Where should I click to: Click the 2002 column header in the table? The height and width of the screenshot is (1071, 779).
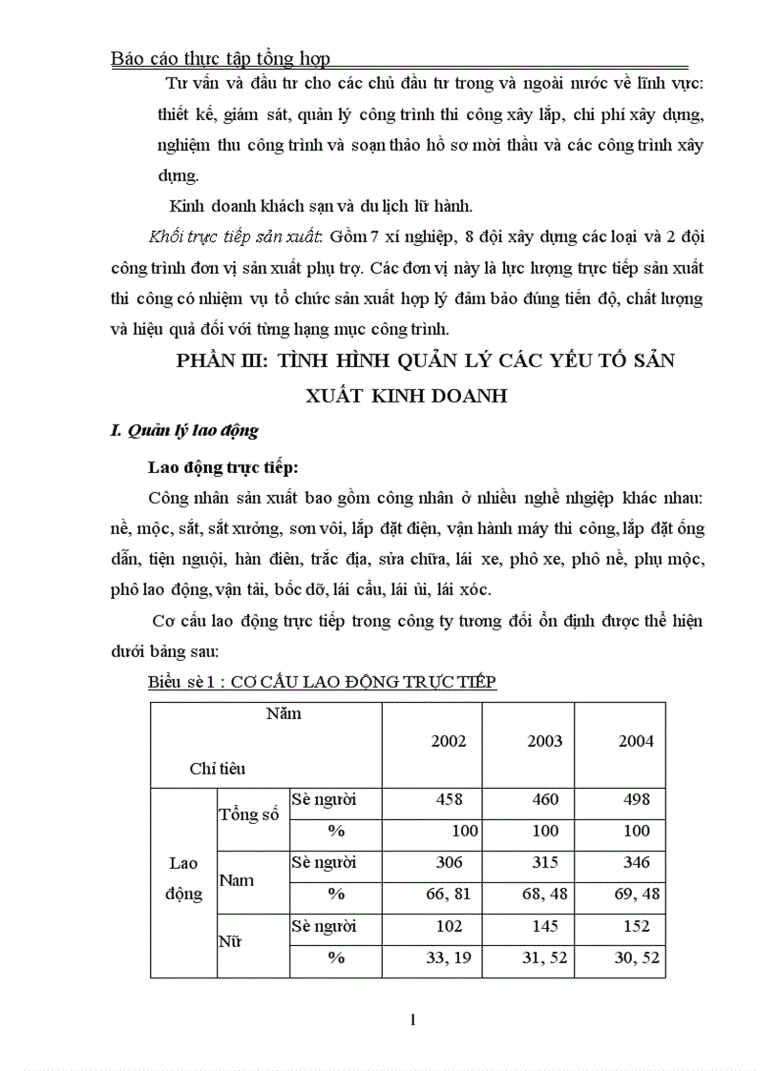(449, 741)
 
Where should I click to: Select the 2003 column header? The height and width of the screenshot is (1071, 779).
(545, 741)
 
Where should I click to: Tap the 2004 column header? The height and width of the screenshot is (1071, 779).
(636, 741)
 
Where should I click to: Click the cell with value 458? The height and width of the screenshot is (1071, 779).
(449, 799)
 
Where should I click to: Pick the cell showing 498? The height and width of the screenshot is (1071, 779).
(636, 799)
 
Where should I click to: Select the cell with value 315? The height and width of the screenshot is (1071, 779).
(545, 863)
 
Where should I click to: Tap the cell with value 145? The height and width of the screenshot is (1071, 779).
(545, 926)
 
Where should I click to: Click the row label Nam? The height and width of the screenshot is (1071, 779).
(237, 879)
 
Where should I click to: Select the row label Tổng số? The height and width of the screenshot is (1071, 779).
(250, 814)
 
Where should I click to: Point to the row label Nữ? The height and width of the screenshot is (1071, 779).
(231, 942)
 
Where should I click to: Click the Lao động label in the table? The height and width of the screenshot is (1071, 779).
(183, 878)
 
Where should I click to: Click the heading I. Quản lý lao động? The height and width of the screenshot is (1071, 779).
(185, 430)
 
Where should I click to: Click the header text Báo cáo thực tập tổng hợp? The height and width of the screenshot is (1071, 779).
(221, 59)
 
